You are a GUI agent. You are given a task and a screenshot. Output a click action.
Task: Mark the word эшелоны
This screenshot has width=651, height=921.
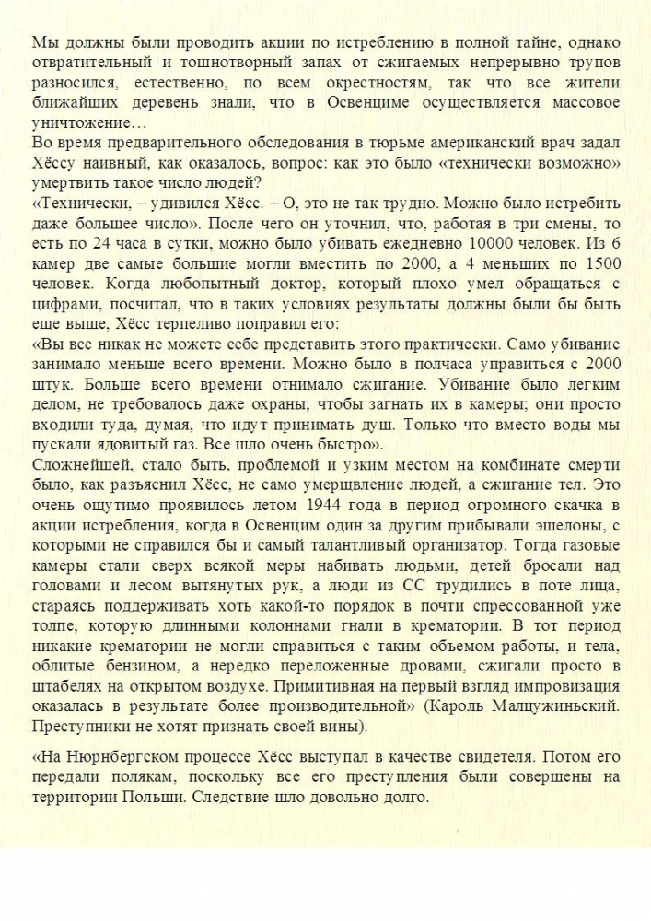tap(580, 529)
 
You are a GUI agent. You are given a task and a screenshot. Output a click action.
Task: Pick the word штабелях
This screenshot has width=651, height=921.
tap(66, 687)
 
